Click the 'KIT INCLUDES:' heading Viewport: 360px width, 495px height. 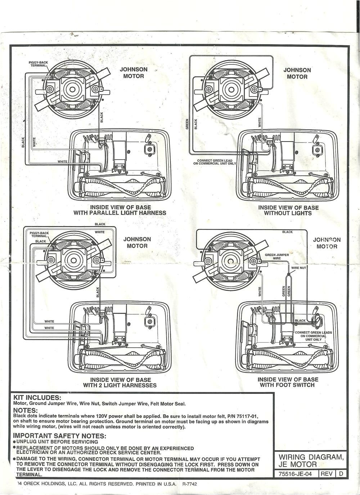(x=37, y=397)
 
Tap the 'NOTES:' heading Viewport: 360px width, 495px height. (x=26, y=410)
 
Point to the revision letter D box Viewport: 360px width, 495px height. (x=341, y=474)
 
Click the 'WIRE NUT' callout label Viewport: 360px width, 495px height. (x=298, y=268)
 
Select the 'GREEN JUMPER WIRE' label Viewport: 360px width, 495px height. (x=276, y=257)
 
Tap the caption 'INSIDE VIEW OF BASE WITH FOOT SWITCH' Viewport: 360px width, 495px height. (x=288, y=382)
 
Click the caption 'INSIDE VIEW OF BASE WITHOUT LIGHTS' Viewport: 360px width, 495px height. (x=288, y=210)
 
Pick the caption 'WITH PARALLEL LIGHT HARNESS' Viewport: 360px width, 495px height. (x=120, y=213)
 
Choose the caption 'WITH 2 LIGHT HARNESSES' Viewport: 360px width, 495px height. (x=120, y=385)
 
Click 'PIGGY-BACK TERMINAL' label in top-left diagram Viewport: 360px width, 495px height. (x=38, y=64)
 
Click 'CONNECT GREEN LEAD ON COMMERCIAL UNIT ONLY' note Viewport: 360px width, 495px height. (x=215, y=162)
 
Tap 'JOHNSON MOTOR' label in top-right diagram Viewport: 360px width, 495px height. (x=297, y=73)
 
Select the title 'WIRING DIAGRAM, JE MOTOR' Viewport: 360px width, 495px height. (x=311, y=461)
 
